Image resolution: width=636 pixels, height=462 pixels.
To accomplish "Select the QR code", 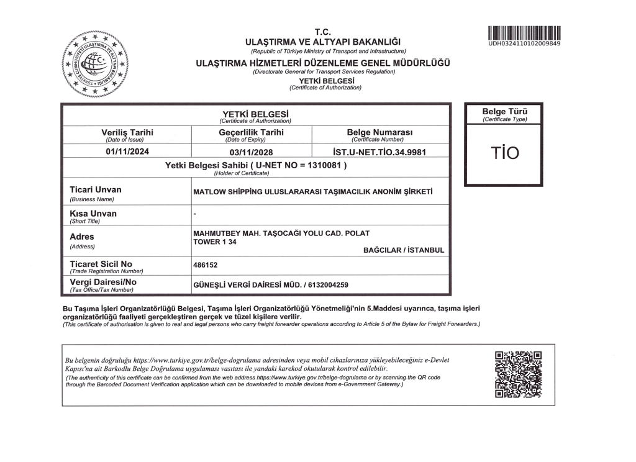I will point(518,374).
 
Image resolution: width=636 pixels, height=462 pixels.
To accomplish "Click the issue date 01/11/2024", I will point(127,151).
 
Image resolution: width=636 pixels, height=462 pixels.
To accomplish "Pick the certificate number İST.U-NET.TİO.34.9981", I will point(379,151).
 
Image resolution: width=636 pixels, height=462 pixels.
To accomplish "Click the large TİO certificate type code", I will point(504,153).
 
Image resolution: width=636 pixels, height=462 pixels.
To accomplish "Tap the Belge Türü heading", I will point(504,112).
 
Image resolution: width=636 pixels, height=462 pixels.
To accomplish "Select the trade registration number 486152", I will point(206,264).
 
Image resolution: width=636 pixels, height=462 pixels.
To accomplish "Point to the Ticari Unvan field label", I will point(96,189).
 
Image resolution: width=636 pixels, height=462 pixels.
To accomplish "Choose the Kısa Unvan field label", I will point(93,214).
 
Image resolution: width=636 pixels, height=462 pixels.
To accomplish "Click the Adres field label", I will point(82,237).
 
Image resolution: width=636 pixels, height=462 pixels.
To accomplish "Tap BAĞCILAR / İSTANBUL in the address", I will point(404,250).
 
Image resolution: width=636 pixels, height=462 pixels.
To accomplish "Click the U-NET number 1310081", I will point(324,166).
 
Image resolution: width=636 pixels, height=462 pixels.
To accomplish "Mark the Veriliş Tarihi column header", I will point(127,132).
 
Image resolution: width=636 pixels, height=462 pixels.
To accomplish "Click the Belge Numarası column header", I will point(379,132).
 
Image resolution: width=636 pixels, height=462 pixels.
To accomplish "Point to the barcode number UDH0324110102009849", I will point(524,43).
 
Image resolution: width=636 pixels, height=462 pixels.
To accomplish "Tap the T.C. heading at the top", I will point(323,32).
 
